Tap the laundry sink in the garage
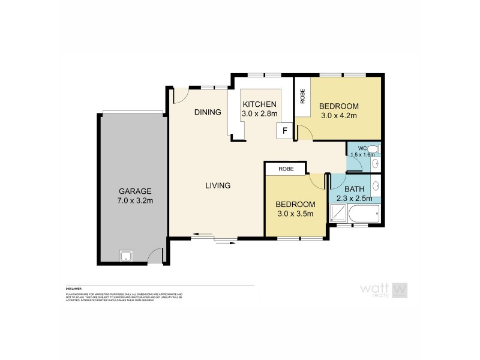pyautogui.click(x=127, y=257)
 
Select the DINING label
pyautogui.click(x=208, y=112)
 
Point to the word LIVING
pyautogui.click(x=218, y=186)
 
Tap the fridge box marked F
pyautogui.click(x=284, y=130)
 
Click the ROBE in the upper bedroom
pyautogui.click(x=302, y=97)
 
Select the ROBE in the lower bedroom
pyautogui.click(x=286, y=169)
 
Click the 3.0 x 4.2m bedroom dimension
pyautogui.click(x=340, y=116)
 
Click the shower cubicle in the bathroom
pyautogui.click(x=338, y=212)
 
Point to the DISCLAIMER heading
pyautogui.click(x=74, y=289)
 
